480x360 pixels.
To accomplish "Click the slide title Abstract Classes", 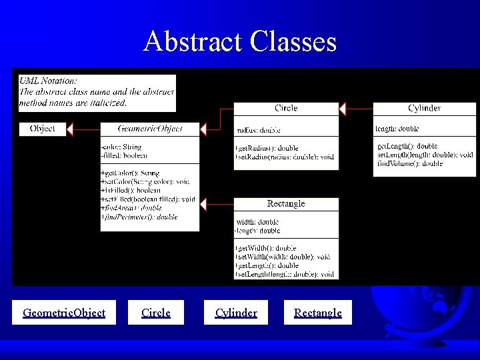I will (240, 42).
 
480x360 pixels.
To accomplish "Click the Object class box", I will (43, 128).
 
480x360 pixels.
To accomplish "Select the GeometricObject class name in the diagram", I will (149, 128).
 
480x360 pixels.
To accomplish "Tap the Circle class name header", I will (286, 108).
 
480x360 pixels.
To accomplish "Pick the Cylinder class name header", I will (424, 108).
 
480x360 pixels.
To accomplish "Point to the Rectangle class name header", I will (286, 203).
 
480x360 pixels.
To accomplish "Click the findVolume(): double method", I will (409, 163).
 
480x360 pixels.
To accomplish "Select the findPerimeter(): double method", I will (139, 217).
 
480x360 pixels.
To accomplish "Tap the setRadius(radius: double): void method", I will (285, 157).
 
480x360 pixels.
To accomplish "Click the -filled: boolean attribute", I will (124, 155).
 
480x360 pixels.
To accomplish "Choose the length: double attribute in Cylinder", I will (397, 129).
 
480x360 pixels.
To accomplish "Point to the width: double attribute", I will (257, 222).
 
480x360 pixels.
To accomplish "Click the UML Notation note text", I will (97, 92).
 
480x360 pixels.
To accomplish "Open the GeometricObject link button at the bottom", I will (64, 313).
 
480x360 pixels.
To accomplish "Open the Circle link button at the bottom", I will (156, 313).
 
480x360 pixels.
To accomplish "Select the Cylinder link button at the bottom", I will (236, 313).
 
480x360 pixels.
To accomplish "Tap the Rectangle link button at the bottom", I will (318, 313).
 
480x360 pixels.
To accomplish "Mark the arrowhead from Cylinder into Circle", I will (343, 108).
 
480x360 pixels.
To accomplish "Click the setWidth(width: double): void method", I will (283, 257).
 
